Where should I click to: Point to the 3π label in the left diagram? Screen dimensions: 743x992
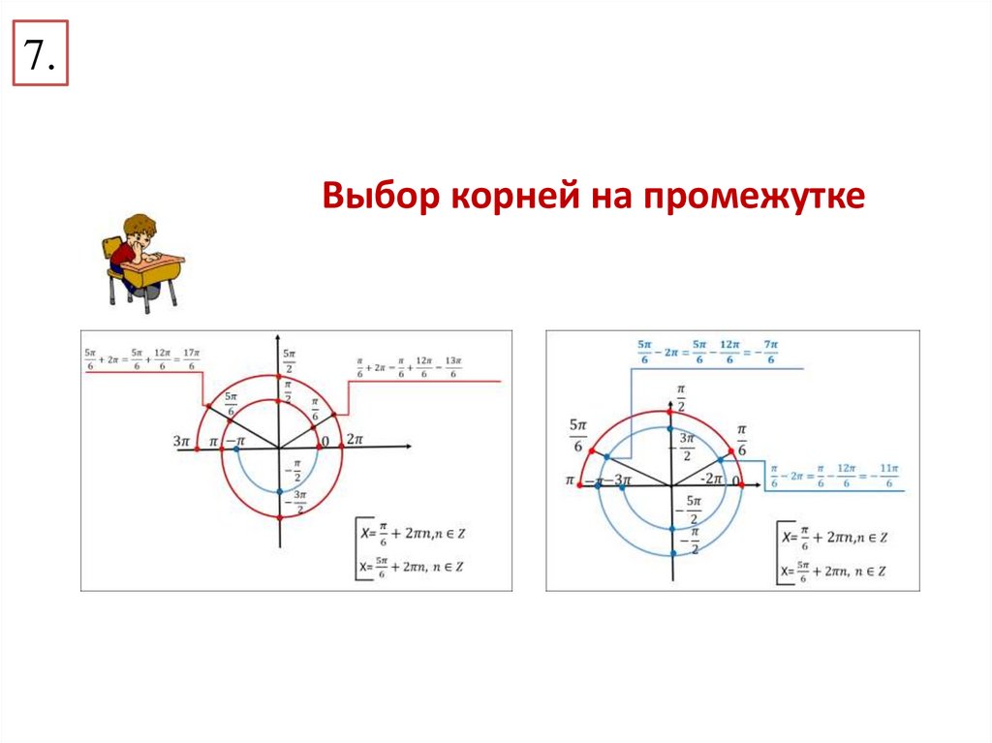pos(181,441)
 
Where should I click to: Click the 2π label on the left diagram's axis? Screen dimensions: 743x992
pos(354,440)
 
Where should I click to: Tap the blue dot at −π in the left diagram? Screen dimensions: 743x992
pos(236,448)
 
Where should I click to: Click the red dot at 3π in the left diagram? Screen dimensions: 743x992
pos(198,448)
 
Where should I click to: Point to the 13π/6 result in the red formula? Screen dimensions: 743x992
pos(453,369)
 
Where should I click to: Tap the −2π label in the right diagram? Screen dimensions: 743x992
pos(713,478)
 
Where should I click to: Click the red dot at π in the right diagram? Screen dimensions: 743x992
pos(577,482)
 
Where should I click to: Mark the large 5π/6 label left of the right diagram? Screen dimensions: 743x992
pos(579,435)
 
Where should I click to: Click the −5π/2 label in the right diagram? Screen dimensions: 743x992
pos(692,507)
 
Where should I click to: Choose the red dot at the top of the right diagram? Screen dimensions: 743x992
pos(671,412)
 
